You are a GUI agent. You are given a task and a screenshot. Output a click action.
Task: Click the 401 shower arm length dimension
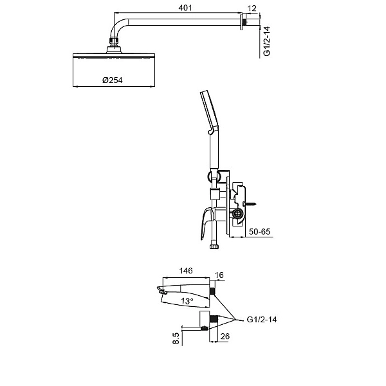coord(185,8)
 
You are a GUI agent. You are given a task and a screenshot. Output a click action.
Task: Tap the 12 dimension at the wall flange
coord(252,8)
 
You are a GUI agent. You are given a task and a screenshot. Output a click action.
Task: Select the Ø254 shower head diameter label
coord(112,80)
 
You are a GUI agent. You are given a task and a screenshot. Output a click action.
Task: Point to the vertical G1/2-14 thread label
coord(267,41)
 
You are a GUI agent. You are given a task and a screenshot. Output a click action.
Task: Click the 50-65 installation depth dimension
coord(259,232)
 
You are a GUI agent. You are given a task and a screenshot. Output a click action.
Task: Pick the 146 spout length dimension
coord(186,271)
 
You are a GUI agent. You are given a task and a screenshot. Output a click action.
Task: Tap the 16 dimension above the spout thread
coord(219,275)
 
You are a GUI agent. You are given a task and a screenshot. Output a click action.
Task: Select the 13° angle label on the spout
coord(187,301)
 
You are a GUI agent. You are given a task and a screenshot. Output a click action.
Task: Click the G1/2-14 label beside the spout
coord(262,320)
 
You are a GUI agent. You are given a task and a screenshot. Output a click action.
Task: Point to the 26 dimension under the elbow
coord(225,336)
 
